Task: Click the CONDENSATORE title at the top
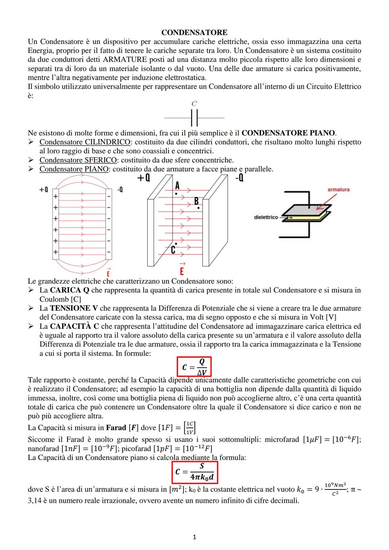click(194, 33)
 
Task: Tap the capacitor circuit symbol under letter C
click(194, 118)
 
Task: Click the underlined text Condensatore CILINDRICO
click(85, 142)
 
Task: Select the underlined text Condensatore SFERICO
click(78, 160)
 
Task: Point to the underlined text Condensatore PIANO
click(74, 169)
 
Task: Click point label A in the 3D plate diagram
click(177, 186)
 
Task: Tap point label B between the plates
click(197, 201)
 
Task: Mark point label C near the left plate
click(173, 250)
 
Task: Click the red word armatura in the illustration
click(338, 189)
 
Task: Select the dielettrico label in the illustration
click(266, 217)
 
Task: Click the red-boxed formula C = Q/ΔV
click(194, 367)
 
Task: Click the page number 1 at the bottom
click(194, 537)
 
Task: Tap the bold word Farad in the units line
click(116, 428)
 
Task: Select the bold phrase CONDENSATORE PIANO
click(288, 133)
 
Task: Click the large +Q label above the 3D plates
click(144, 178)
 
